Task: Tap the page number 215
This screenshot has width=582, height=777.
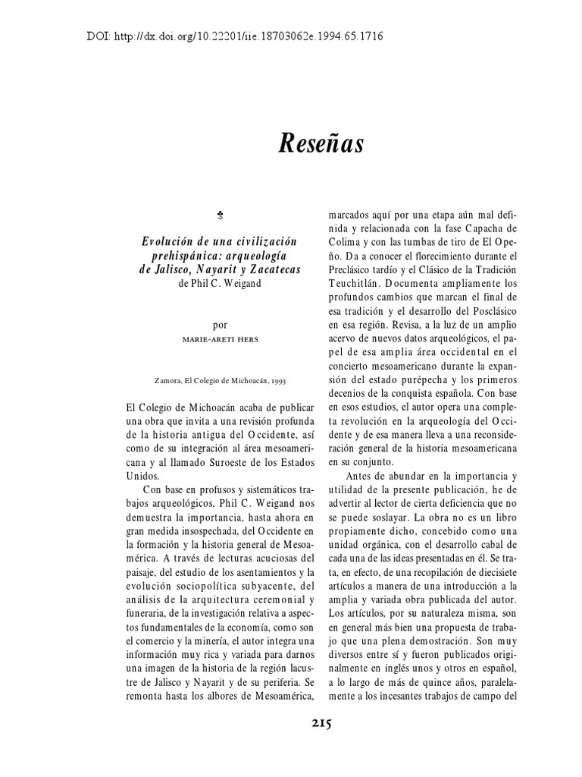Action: tap(321, 722)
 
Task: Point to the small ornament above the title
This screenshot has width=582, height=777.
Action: tap(220, 217)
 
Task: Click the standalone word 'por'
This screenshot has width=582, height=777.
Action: tap(220, 324)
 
